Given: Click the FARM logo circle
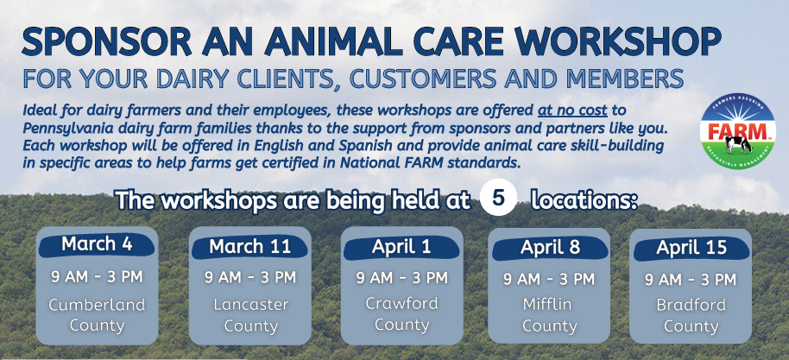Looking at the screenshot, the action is click(738, 131).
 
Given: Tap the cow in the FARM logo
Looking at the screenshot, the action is click(738, 145).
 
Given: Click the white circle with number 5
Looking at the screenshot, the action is click(498, 199).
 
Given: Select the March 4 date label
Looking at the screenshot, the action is click(97, 244).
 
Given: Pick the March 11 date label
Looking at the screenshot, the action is click(249, 247).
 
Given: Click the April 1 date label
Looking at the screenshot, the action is click(401, 247).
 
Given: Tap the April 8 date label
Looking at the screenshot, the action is click(550, 248).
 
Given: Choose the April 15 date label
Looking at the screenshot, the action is click(691, 248).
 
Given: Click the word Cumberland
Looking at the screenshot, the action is click(97, 305).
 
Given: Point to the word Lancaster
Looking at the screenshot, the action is click(250, 305).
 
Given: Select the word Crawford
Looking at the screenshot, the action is click(401, 304).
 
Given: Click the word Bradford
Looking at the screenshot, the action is click(691, 305).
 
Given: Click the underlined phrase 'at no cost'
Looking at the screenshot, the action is click(573, 110).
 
